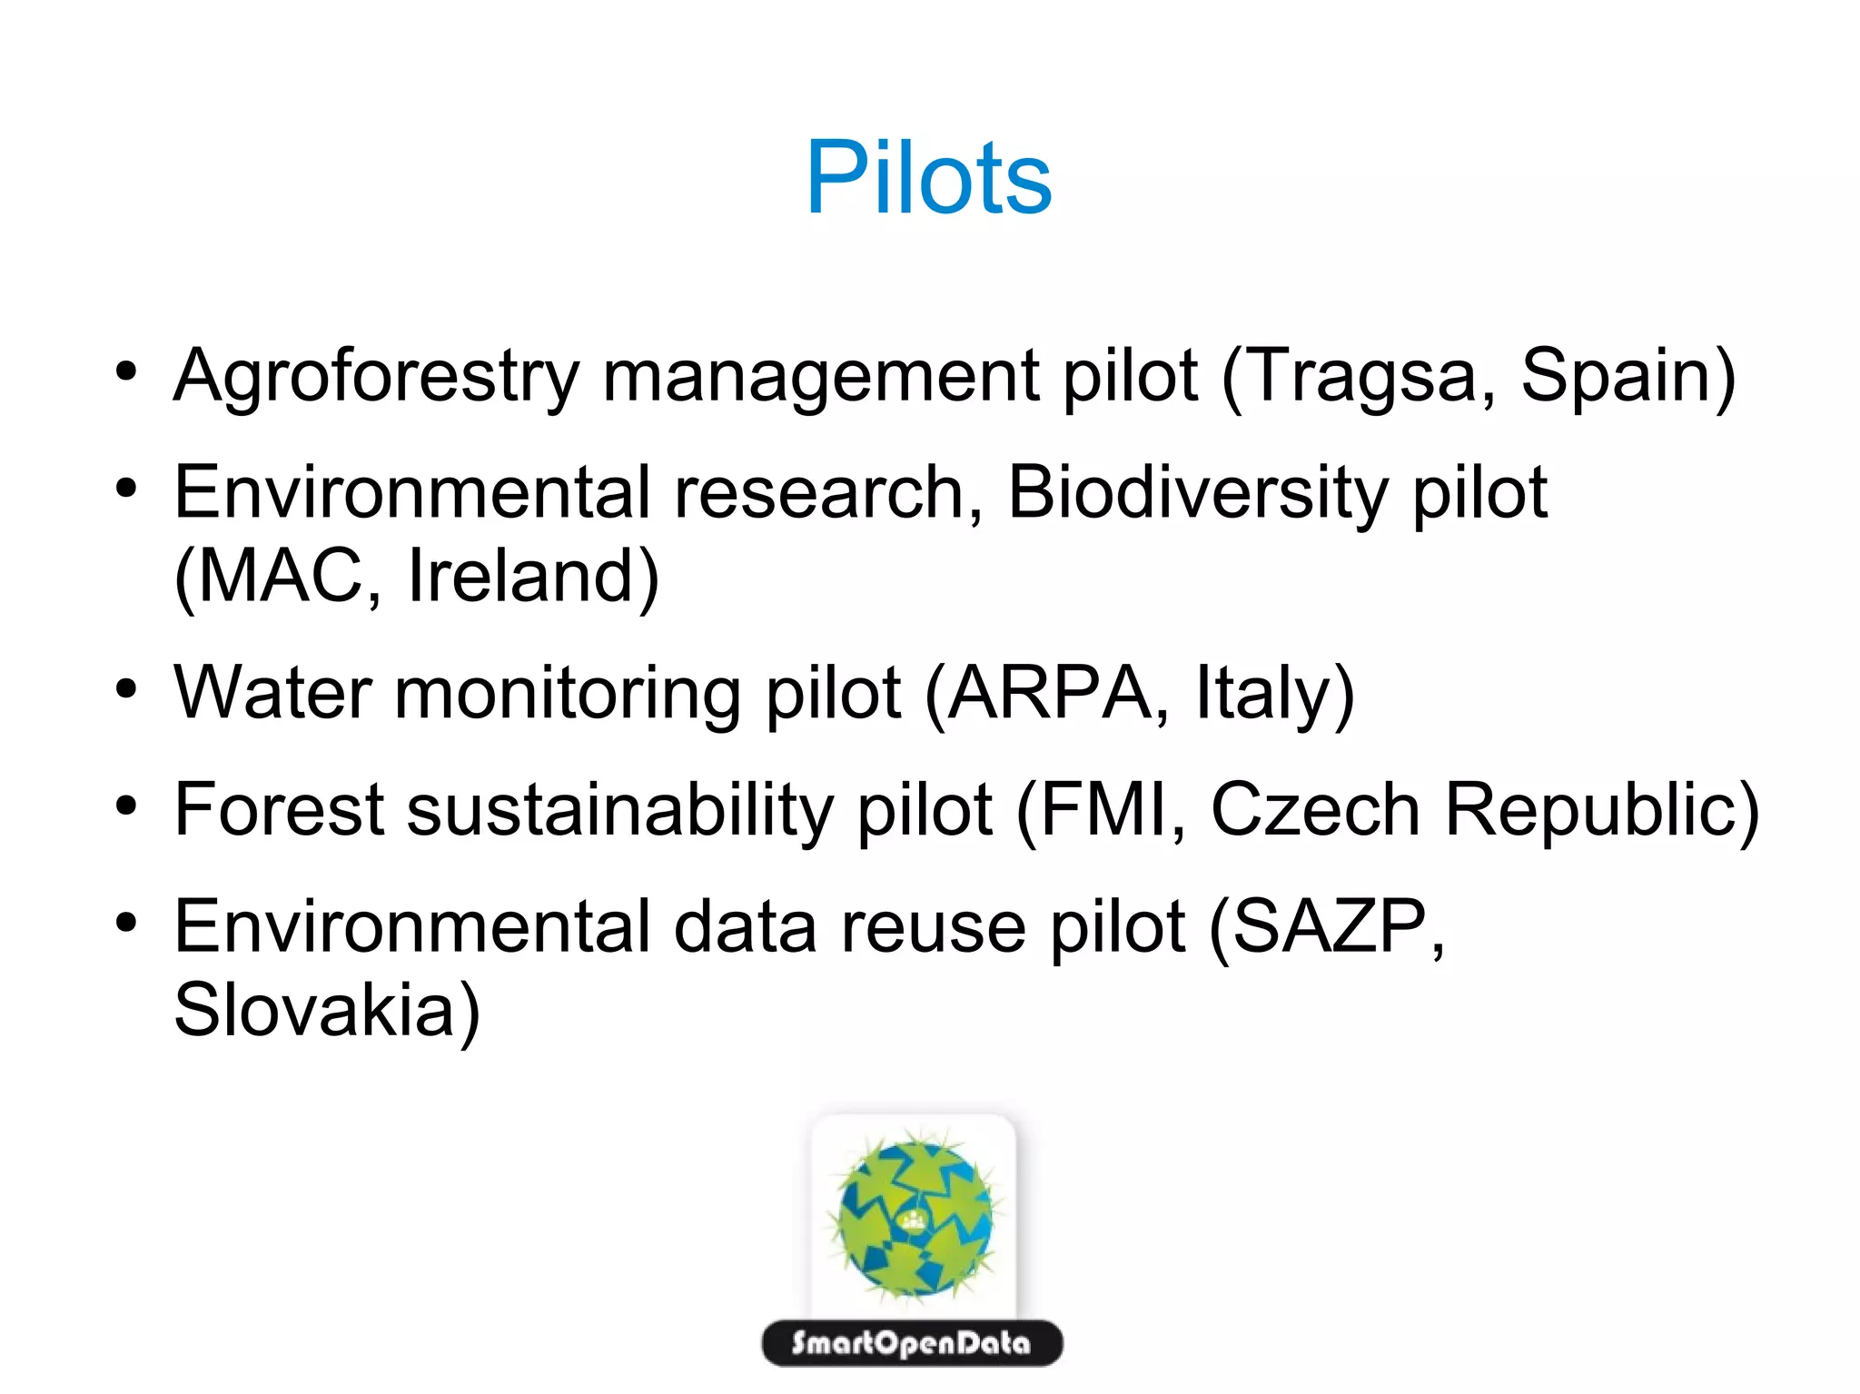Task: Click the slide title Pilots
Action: coord(928,178)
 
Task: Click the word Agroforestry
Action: coord(376,376)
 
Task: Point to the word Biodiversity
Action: coord(1197,493)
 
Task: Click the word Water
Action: coord(272,693)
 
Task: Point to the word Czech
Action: coord(1315,810)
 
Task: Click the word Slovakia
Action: coord(314,1010)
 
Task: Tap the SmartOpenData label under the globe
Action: coord(912,1343)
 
